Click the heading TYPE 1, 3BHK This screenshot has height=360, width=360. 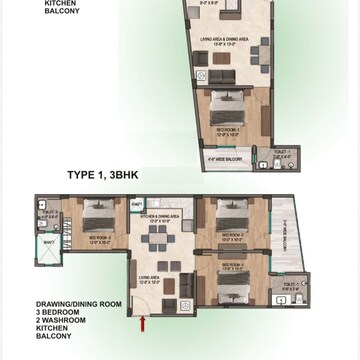pyautogui.click(x=107, y=174)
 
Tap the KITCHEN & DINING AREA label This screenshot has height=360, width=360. pyautogui.click(x=160, y=215)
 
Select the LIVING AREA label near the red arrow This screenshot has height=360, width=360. pyautogui.click(x=150, y=280)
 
